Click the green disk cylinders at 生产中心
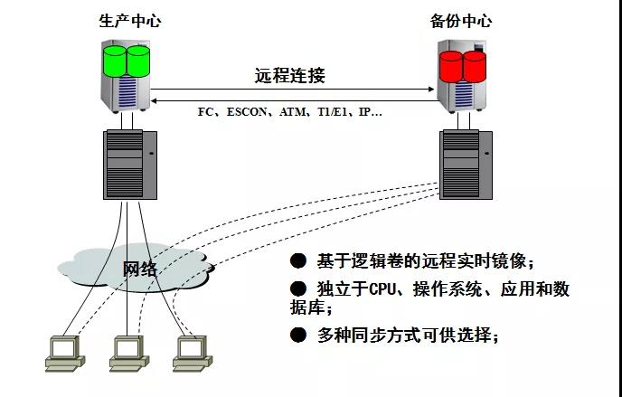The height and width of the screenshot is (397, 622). pos(127,60)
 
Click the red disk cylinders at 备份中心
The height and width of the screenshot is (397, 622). pos(462,64)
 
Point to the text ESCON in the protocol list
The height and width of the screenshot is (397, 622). pos(248,112)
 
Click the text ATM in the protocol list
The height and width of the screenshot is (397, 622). pos(294,112)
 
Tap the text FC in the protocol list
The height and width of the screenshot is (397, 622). pos(205,112)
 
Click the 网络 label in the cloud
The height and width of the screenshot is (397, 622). pos(140,269)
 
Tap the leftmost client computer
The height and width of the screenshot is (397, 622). pos(63,353)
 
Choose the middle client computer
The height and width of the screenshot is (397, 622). pos(127,353)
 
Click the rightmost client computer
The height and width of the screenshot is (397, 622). pos(190,353)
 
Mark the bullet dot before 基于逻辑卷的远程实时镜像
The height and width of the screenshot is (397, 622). pos(298,261)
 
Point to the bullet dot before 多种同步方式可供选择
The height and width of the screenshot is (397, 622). pos(298,335)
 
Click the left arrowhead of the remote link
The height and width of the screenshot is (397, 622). pos(155,90)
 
